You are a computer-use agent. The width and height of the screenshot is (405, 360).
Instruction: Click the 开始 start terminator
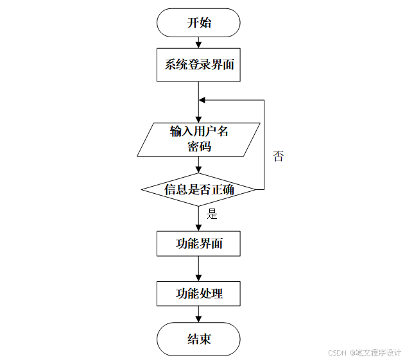pyautogui.click(x=198, y=23)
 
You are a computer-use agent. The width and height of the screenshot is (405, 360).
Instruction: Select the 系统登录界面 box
pyautogui.click(x=198, y=65)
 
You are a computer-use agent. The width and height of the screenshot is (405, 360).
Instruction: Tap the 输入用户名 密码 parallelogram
pyautogui.click(x=198, y=139)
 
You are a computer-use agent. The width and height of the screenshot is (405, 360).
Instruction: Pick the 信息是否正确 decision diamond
pyautogui.click(x=198, y=189)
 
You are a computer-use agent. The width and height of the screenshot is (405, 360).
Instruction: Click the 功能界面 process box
pyautogui.click(x=198, y=244)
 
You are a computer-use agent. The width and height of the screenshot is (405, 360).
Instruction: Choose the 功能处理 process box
pyautogui.click(x=198, y=294)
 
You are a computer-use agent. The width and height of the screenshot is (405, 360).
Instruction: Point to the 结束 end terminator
pyautogui.click(x=198, y=339)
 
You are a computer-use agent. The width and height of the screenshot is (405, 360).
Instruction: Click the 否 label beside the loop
pyautogui.click(x=278, y=156)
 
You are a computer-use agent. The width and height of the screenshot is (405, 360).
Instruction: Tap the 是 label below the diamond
pyautogui.click(x=212, y=214)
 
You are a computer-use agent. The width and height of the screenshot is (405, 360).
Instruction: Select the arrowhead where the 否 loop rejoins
pyautogui.click(x=202, y=100)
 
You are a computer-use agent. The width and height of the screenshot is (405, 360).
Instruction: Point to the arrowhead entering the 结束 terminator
pyautogui.click(x=198, y=319)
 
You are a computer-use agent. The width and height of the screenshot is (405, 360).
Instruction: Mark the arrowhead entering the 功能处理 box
pyautogui.click(x=198, y=278)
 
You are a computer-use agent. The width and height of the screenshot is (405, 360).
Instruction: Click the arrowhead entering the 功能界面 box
pyautogui.click(x=198, y=228)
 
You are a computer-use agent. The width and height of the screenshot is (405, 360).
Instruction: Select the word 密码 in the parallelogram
pyautogui.click(x=199, y=146)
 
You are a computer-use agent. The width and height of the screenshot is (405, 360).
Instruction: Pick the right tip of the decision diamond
pyautogui.click(x=255, y=189)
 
